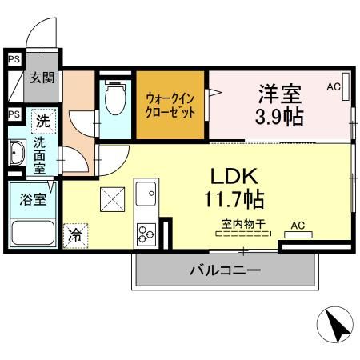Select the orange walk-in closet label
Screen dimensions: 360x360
[x=170, y=106]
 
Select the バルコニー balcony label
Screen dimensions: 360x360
[x=225, y=270]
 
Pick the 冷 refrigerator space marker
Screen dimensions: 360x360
[x=74, y=235]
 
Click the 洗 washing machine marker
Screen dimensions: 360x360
[x=42, y=122]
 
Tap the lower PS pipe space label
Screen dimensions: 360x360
[x=13, y=114]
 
